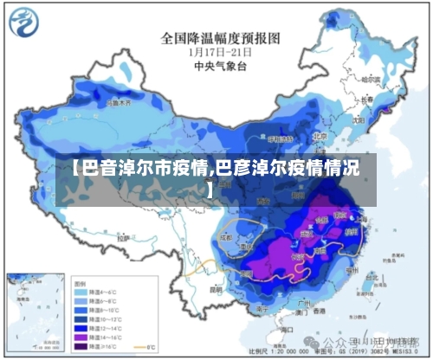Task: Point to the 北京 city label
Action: tap(320, 136)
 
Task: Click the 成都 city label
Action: tap(227, 235)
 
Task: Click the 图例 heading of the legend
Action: tap(80, 282)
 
